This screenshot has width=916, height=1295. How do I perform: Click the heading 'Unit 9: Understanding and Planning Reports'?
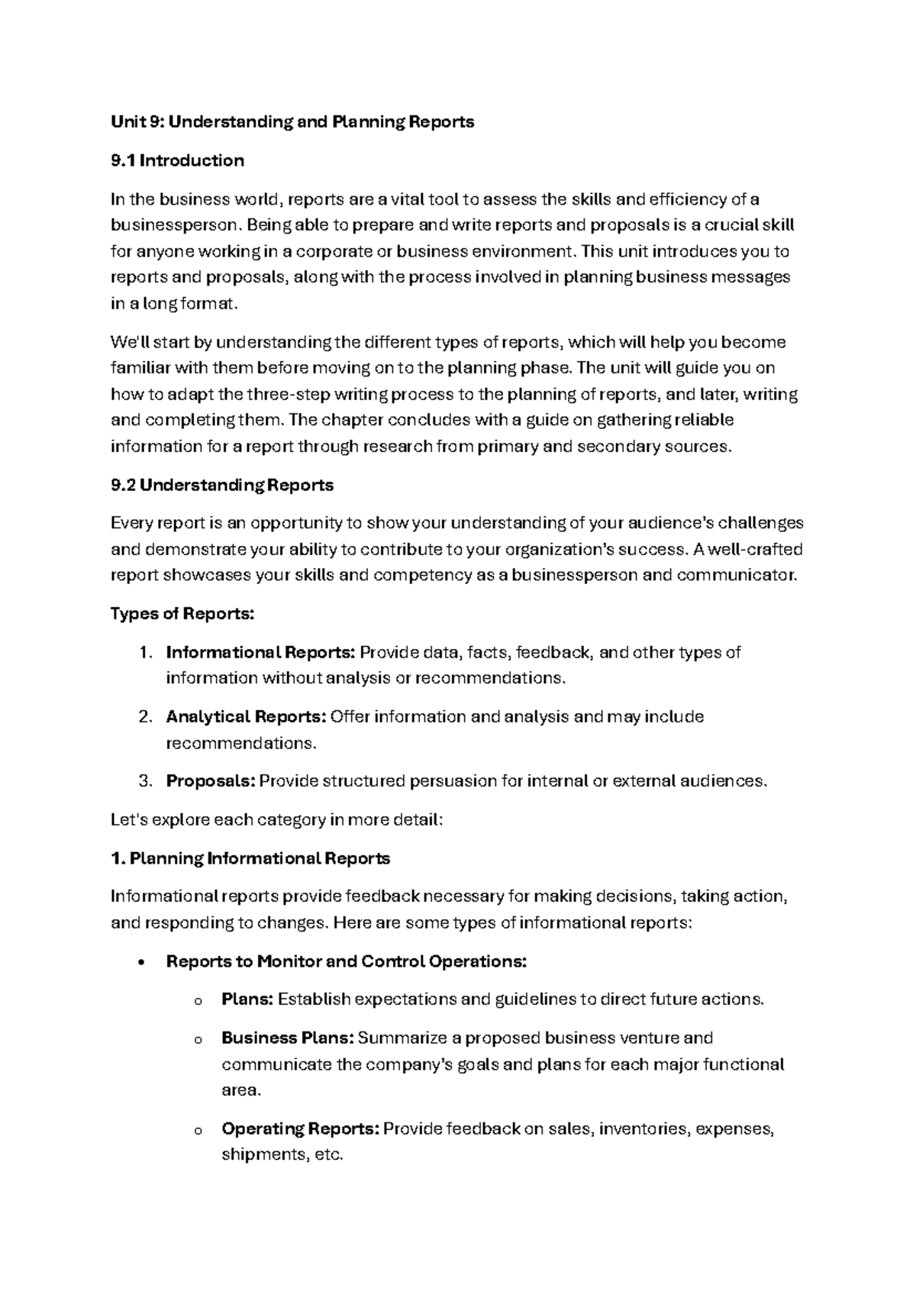pos(292,122)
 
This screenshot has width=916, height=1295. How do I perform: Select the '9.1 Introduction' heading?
pos(177,160)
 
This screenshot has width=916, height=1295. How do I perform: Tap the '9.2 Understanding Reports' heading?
pos(222,485)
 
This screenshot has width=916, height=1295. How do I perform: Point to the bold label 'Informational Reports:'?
pos(260,652)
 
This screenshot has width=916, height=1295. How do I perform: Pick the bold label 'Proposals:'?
pos(211,780)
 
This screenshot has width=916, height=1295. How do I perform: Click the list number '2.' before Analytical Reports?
pos(145,716)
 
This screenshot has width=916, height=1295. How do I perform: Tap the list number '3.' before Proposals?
pos(145,780)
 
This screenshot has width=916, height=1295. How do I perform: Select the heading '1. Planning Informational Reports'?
pos(250,858)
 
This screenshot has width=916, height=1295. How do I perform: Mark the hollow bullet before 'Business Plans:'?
pos(198,1039)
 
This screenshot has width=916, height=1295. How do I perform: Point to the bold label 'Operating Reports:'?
pos(300,1129)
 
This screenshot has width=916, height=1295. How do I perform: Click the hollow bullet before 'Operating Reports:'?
pos(198,1130)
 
